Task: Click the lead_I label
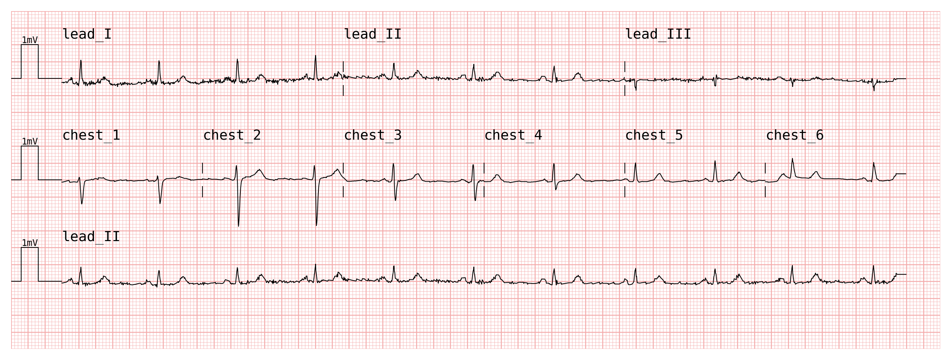click(87, 34)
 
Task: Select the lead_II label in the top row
click(373, 34)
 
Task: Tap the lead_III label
click(658, 34)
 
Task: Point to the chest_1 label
click(91, 135)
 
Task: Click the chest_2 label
click(232, 135)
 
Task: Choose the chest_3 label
click(373, 135)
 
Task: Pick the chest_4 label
click(513, 135)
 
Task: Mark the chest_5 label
click(654, 135)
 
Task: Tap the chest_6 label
click(795, 135)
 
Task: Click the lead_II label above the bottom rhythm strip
click(91, 237)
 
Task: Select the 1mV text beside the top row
click(30, 40)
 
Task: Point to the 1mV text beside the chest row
click(30, 142)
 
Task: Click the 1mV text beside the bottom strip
click(30, 243)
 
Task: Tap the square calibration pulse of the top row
click(30, 45)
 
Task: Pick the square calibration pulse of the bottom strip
click(30, 248)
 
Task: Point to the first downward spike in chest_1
click(82, 204)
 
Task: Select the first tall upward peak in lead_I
click(81, 60)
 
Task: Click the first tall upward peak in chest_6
click(792, 159)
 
